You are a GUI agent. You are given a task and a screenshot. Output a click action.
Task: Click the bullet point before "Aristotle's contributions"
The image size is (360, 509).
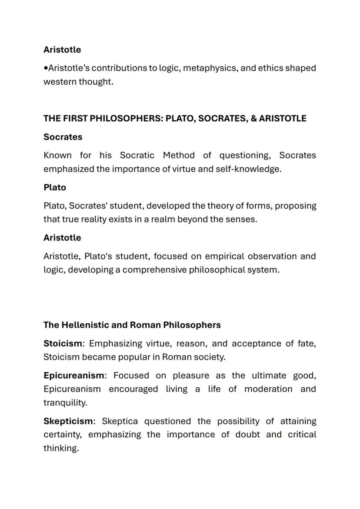click(x=46, y=68)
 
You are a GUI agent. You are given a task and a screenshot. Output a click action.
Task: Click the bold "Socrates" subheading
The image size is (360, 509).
click(x=63, y=137)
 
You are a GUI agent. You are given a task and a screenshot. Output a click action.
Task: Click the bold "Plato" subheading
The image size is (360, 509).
click(x=55, y=187)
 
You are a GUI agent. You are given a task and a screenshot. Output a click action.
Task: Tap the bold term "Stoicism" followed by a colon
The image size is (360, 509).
click(x=63, y=343)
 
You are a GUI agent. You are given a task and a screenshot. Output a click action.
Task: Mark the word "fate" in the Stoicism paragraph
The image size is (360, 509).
click(x=307, y=343)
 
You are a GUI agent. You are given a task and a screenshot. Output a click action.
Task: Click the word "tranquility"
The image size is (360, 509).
click(x=65, y=403)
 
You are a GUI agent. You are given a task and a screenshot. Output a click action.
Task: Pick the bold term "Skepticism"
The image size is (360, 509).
click(x=68, y=421)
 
